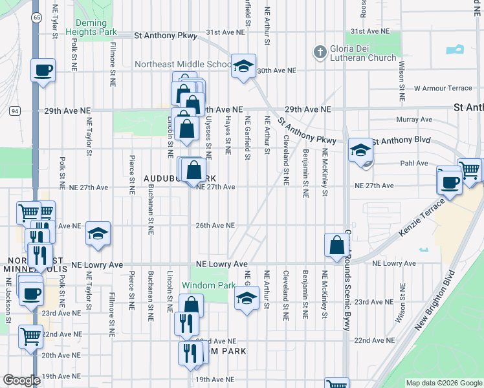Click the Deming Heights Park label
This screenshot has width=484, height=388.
pos(95,27)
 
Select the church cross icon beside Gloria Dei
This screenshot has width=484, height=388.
pos(319,50)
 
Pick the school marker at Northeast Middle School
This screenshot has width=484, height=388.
pos(243,67)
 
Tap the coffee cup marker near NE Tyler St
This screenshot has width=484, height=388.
pos(43,70)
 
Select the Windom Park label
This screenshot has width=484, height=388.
pos(208,285)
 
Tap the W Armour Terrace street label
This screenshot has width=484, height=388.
pos(443,88)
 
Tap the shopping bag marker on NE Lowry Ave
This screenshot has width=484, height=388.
pos(336,246)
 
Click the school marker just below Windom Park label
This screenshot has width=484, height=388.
pos(246,299)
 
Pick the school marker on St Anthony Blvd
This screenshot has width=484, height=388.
pos(360,151)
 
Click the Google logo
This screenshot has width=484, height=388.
pos(21,380)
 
